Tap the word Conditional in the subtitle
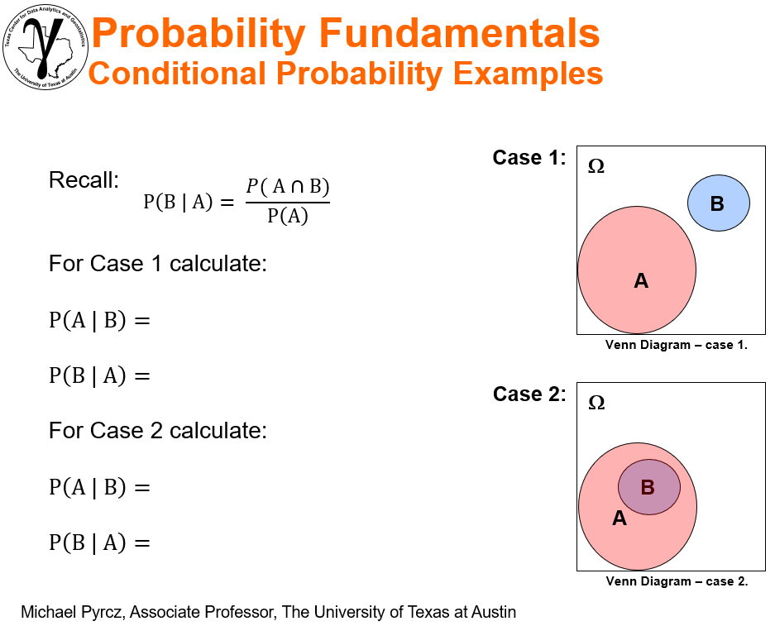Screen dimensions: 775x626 click(x=176, y=74)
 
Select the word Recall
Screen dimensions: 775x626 click(x=84, y=179)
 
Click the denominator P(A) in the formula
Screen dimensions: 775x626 click(x=288, y=217)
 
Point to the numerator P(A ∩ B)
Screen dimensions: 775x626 click(x=288, y=186)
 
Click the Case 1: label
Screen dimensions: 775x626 click(x=529, y=157)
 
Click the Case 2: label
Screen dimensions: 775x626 click(x=529, y=394)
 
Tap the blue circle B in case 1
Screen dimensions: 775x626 click(x=718, y=203)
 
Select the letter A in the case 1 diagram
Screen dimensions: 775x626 click(x=641, y=281)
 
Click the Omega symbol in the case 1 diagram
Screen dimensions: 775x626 click(x=596, y=166)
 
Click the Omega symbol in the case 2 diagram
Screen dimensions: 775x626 click(x=596, y=403)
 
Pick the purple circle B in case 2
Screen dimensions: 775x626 click(x=648, y=486)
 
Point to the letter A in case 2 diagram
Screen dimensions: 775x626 click(x=619, y=519)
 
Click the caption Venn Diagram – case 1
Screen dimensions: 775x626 click(x=677, y=345)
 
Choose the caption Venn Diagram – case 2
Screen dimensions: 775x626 click(x=677, y=581)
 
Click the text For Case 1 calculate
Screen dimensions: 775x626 click(x=157, y=264)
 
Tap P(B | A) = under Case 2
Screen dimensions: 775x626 click(x=99, y=542)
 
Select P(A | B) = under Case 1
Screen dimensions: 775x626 click(x=99, y=320)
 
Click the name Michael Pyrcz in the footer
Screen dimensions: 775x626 click(x=71, y=613)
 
